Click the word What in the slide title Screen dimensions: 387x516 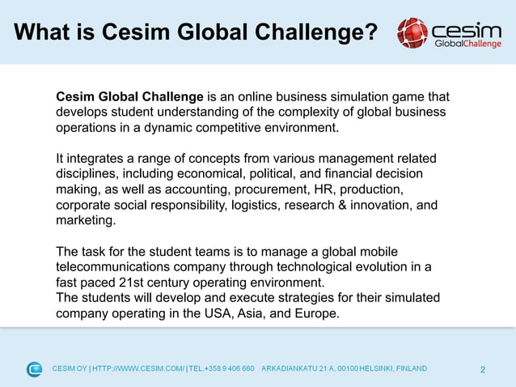click(45, 33)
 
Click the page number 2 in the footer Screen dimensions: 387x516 click(483, 370)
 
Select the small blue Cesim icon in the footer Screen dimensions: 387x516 click(34, 369)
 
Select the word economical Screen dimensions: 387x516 click(239, 174)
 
